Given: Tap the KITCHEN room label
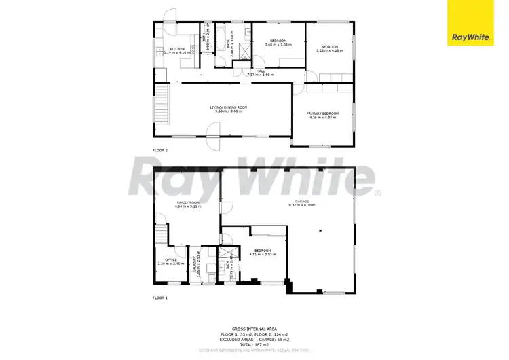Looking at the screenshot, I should coord(177,49).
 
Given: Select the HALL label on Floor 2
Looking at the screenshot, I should coord(260,71).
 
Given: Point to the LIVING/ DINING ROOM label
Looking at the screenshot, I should coord(228,107).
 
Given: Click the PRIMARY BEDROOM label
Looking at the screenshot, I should coord(323,113).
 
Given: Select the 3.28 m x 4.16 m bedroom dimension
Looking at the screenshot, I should coord(330,49).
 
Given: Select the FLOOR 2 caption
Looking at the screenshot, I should coord(160,150).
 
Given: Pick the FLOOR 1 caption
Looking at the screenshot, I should coord(160,298).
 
